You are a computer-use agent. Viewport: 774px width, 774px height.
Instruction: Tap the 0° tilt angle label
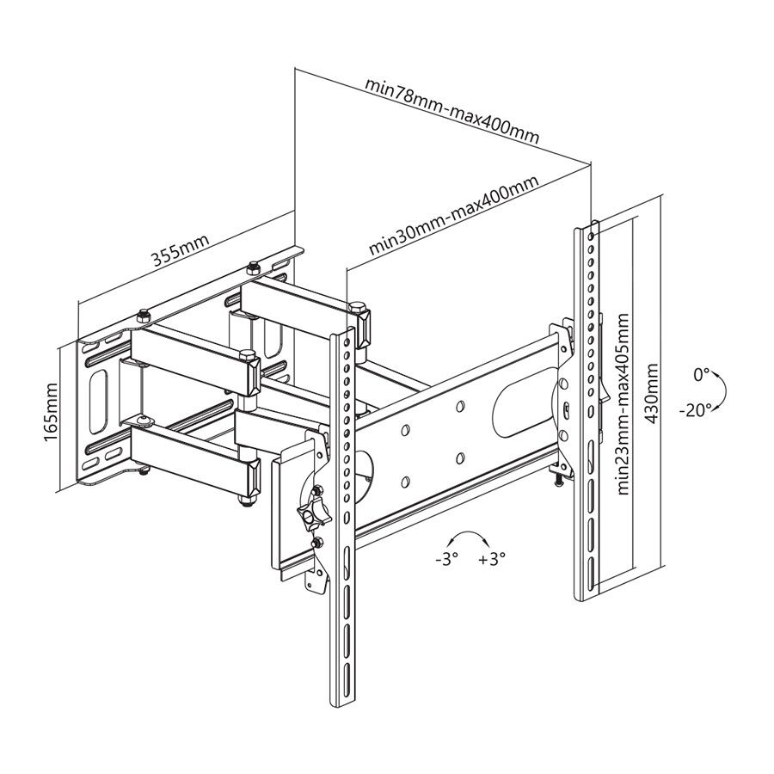[702, 375]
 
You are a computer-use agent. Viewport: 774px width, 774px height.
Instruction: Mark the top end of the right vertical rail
[588, 227]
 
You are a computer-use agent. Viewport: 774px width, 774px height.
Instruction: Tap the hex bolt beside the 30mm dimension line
[355, 306]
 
